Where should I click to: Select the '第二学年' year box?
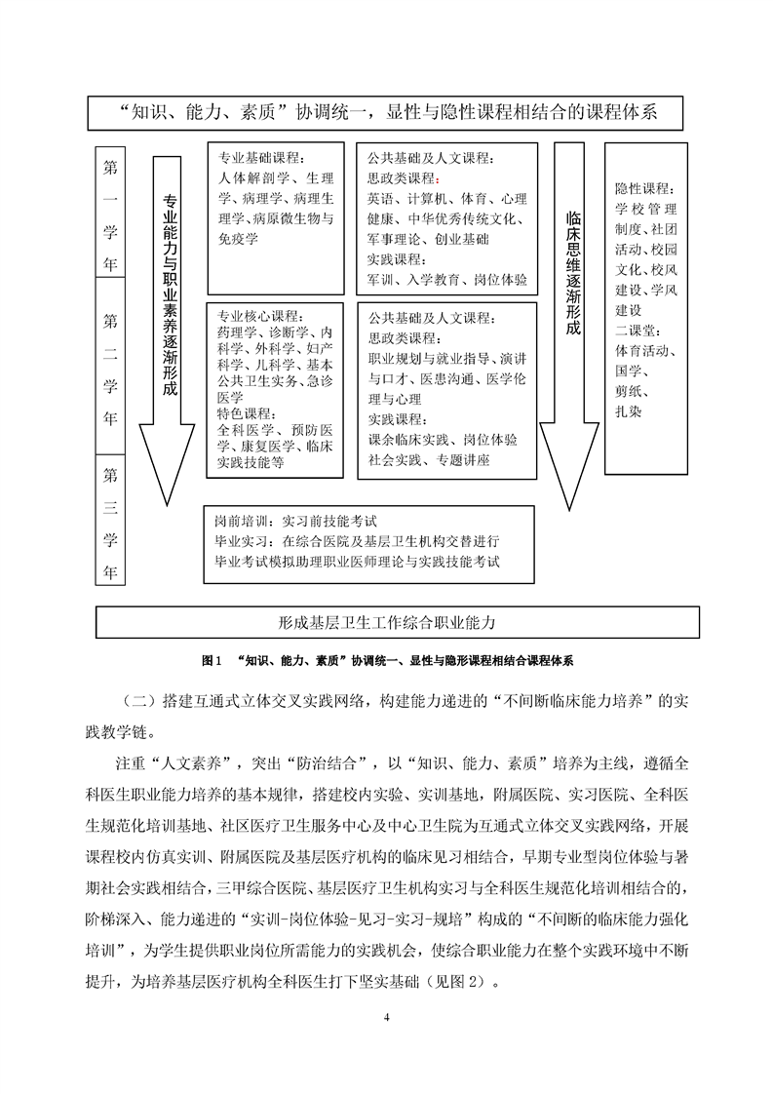coord(110,368)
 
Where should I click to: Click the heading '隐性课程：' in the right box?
coord(643,187)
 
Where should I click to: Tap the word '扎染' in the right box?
coord(629,412)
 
